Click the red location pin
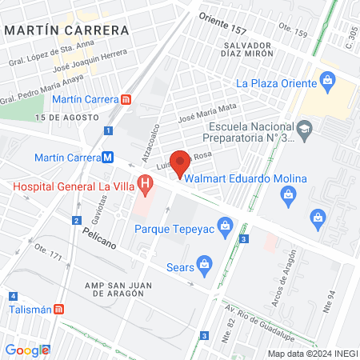(181, 163)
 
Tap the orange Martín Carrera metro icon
(126, 100)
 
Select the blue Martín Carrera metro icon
(107, 157)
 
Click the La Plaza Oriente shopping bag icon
(326, 81)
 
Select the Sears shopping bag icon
(206, 263)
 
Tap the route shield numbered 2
(76, 220)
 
